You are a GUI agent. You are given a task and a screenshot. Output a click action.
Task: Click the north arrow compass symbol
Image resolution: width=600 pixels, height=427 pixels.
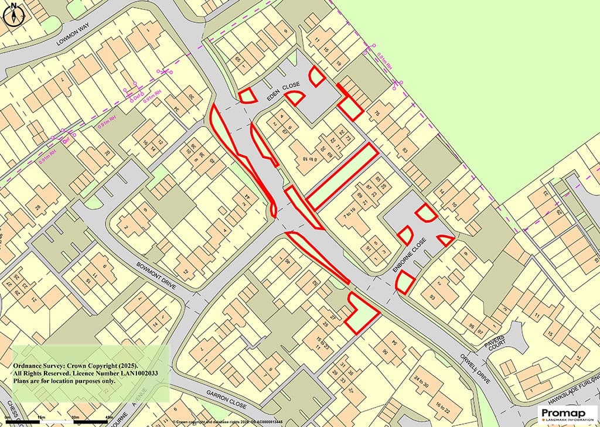(13, 13)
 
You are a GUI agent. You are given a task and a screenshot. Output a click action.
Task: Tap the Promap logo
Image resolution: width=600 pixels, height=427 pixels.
(568, 414)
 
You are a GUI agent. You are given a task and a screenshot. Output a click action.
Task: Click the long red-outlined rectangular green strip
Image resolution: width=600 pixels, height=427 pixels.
(341, 176)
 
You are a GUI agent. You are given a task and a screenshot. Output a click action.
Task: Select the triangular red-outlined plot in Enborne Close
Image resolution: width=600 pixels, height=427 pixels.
(445, 239)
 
